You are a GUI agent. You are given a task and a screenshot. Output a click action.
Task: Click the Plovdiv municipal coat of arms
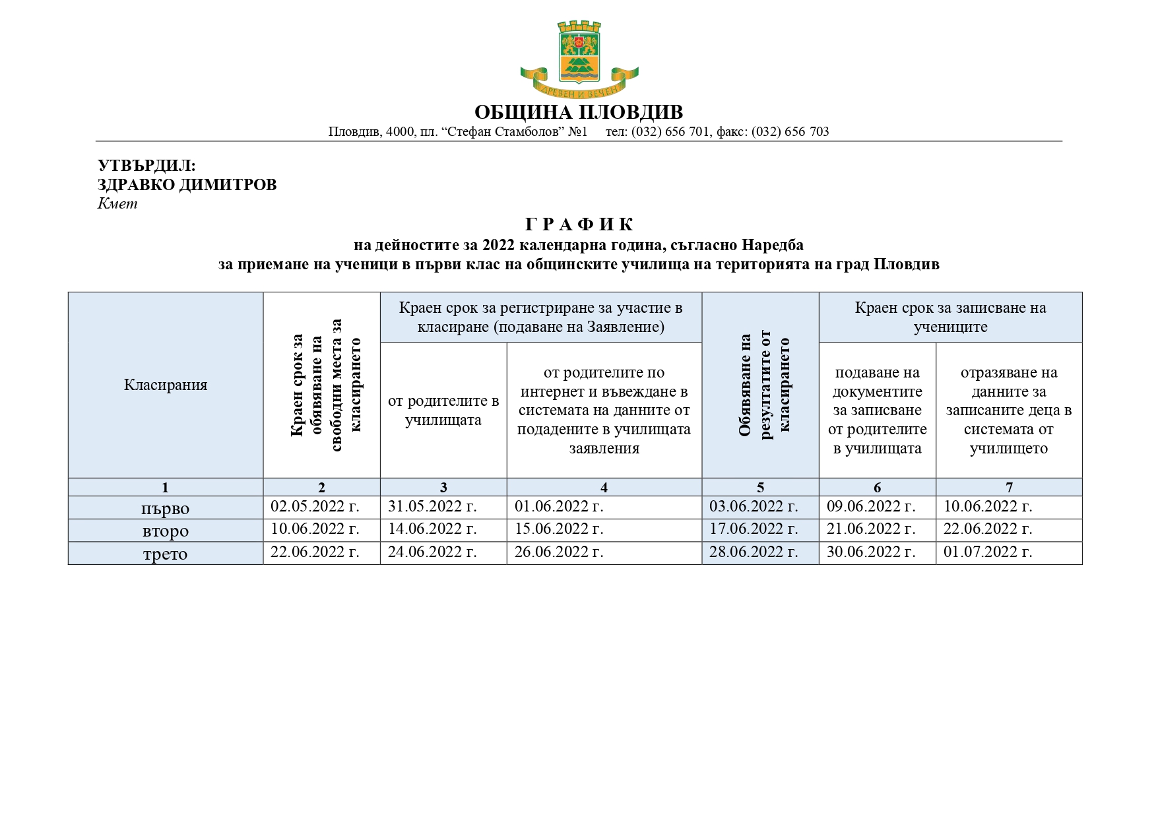coord(579,58)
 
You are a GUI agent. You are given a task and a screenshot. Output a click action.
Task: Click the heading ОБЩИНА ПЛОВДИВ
coord(579,112)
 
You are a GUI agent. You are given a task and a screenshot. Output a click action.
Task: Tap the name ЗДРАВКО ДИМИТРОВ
coord(187,185)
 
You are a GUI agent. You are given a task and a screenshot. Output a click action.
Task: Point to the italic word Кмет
coord(117,203)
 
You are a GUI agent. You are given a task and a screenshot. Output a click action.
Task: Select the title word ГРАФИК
coord(579,225)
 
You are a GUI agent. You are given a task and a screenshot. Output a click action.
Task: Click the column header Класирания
coord(166,385)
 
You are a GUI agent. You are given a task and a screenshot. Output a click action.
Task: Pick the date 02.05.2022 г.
coord(315,507)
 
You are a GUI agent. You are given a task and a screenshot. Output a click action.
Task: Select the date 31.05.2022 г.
coord(432,507)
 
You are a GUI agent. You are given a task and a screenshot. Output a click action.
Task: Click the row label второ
coord(166,531)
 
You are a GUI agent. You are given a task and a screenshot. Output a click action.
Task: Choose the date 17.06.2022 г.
coord(754,529)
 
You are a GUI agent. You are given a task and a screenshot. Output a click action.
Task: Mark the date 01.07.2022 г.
coord(988,552)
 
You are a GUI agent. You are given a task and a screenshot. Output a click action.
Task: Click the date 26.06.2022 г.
coord(559,552)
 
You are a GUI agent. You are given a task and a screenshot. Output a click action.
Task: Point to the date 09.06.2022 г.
coord(871,507)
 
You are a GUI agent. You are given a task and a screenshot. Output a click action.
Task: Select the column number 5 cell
coord(760,488)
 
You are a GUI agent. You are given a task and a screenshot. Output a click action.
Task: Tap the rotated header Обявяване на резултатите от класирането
coord(763,385)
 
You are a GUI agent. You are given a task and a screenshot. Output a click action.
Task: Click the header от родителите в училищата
coord(443,410)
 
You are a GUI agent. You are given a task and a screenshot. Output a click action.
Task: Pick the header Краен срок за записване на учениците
coord(950,317)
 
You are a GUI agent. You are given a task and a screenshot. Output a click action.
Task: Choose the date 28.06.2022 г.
coord(754,552)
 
